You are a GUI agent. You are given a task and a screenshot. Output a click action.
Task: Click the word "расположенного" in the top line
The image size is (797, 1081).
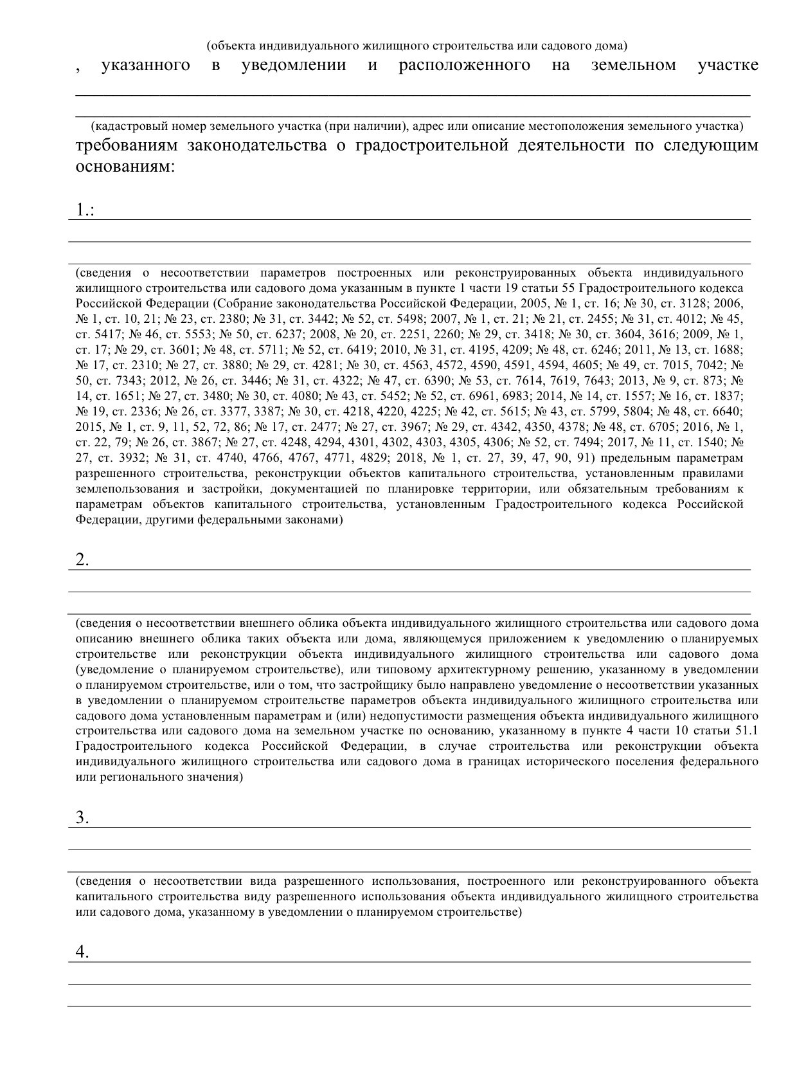[x=464, y=65]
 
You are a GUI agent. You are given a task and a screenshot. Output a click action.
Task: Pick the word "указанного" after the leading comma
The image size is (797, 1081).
[x=145, y=65]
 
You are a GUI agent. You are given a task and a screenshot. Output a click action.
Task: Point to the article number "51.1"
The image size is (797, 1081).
[x=746, y=731]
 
